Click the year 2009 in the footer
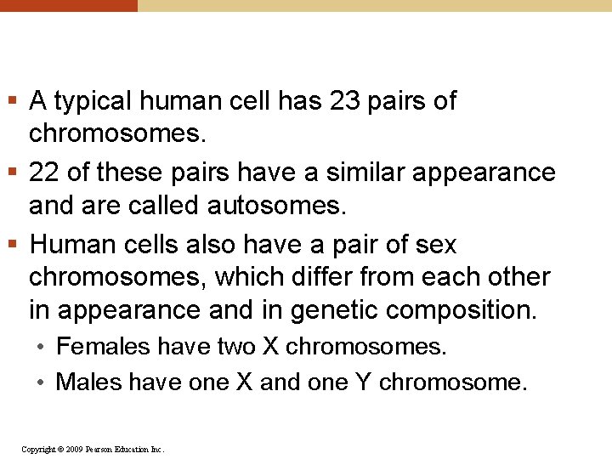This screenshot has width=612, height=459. click(72, 449)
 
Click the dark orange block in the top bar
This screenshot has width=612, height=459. click(68, 5)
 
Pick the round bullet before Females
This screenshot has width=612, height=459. click(41, 347)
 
